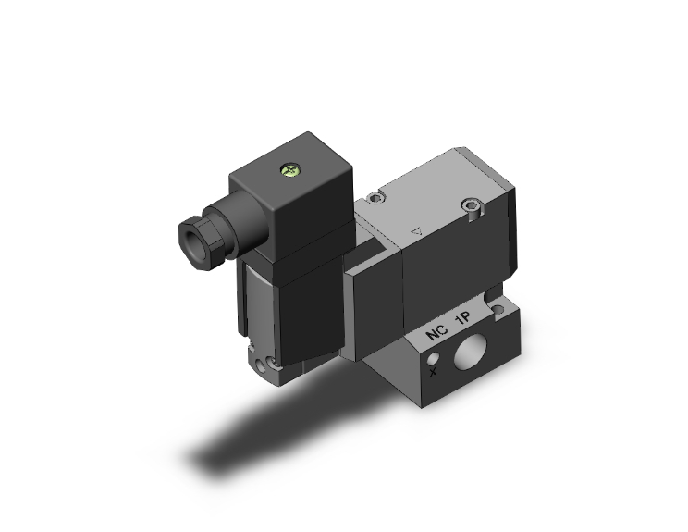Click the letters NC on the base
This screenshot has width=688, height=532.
[434, 335]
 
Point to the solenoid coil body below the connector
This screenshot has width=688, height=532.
[268, 296]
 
